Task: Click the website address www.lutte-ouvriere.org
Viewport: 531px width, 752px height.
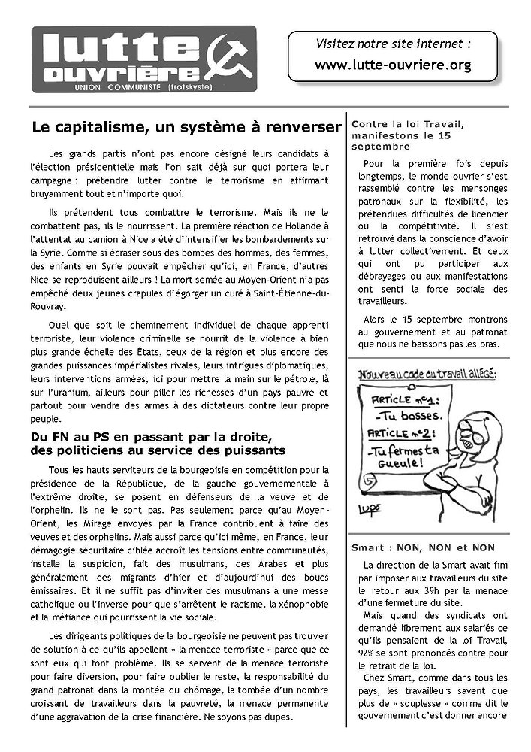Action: tap(393, 65)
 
